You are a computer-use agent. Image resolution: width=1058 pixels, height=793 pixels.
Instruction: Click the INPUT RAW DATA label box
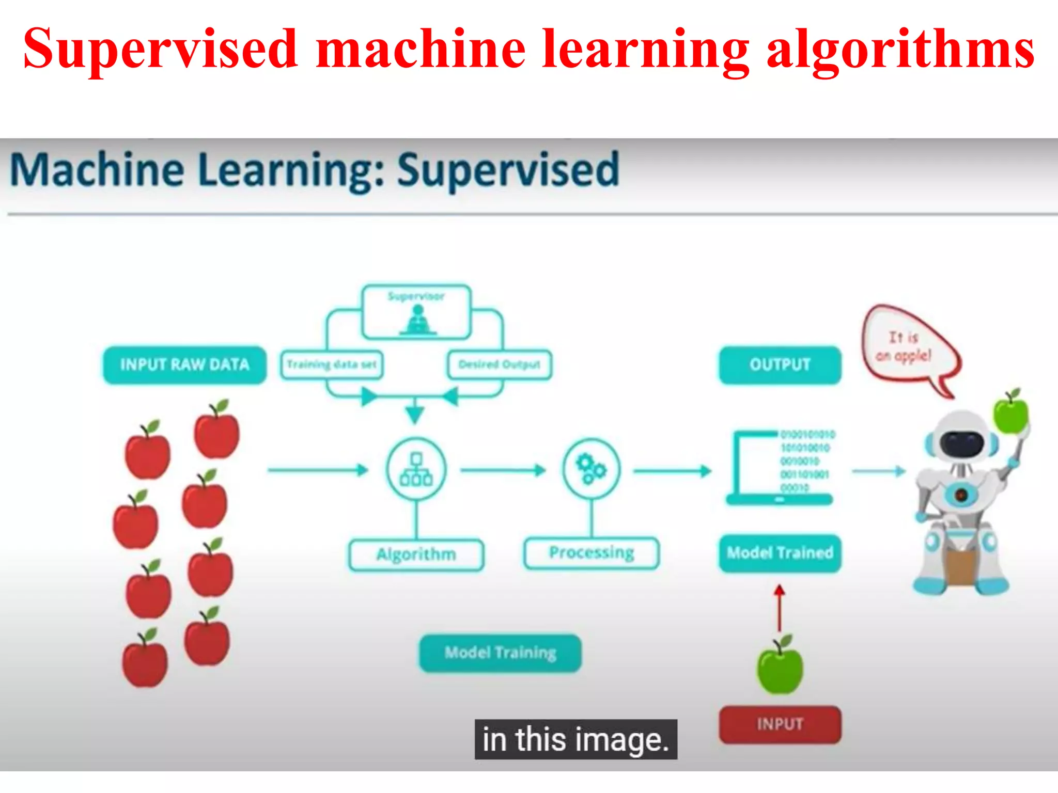tap(184, 364)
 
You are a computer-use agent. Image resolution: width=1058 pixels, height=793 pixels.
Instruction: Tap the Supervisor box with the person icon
tap(416, 312)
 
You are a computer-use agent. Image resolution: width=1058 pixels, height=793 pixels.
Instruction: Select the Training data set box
tap(332, 364)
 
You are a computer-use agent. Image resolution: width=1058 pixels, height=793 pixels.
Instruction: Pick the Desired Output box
tap(499, 364)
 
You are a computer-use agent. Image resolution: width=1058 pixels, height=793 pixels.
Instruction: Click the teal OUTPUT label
tap(780, 364)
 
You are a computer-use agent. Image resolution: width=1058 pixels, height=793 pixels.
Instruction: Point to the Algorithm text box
tap(416, 554)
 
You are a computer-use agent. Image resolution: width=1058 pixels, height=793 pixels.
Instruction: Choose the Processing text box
tap(592, 553)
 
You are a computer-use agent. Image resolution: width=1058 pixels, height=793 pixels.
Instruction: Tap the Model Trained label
tap(780, 553)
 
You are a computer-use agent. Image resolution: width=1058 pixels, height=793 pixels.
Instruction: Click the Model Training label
tap(500, 653)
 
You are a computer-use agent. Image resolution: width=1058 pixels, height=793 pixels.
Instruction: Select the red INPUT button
tap(780, 724)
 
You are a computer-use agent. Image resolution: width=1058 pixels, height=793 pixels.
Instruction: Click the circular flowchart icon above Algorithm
tap(416, 469)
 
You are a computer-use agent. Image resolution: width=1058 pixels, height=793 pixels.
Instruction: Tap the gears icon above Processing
tap(591, 469)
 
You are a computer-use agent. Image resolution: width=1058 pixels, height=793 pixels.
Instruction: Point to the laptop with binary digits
tap(780, 468)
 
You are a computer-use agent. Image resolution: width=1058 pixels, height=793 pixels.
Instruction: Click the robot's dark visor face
tap(961, 443)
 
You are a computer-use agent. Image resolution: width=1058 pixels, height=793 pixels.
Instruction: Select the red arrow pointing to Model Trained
tap(780, 608)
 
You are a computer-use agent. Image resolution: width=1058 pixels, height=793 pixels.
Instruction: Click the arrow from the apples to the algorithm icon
tap(317, 470)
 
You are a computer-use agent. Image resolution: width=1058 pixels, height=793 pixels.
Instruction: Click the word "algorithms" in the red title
tap(900, 49)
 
